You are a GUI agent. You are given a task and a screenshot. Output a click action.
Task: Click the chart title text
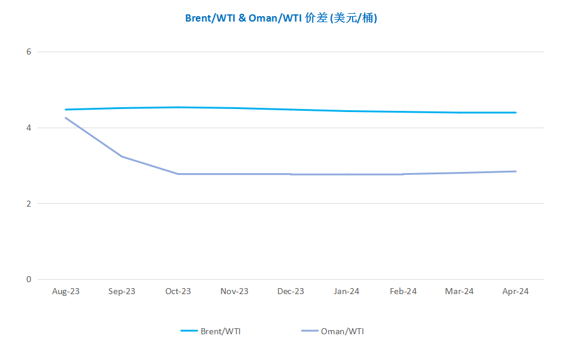click(281, 18)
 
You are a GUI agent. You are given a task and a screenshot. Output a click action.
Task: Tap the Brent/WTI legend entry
click(210, 331)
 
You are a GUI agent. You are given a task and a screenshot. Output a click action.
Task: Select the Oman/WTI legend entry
click(332, 331)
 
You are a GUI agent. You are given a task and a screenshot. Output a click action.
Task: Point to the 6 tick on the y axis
click(29, 52)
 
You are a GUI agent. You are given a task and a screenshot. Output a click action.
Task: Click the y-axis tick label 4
click(29, 128)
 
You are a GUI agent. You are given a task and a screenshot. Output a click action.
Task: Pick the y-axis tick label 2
click(29, 204)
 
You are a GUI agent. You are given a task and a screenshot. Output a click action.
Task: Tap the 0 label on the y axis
click(29, 280)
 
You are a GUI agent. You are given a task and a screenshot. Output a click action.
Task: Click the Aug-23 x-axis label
click(66, 291)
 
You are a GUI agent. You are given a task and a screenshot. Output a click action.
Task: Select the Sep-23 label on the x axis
click(122, 291)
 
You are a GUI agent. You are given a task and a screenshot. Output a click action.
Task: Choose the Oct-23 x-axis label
click(178, 291)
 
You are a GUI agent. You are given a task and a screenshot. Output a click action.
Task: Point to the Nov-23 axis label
click(234, 291)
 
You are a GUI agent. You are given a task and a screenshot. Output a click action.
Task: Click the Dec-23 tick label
click(290, 291)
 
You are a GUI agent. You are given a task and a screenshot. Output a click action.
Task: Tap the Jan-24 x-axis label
click(347, 291)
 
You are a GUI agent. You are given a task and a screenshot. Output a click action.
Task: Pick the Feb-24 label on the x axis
click(403, 291)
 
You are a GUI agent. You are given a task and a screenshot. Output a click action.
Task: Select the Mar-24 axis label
click(459, 291)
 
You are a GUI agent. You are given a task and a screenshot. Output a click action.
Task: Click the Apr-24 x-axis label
click(515, 291)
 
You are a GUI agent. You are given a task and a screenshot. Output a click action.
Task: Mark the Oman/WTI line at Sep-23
click(122, 156)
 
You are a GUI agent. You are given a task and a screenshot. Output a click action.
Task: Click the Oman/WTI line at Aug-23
click(66, 118)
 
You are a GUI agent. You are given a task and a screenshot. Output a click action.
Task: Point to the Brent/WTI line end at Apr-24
click(515, 113)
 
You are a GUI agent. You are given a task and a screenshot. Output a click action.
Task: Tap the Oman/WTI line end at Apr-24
click(515, 171)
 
